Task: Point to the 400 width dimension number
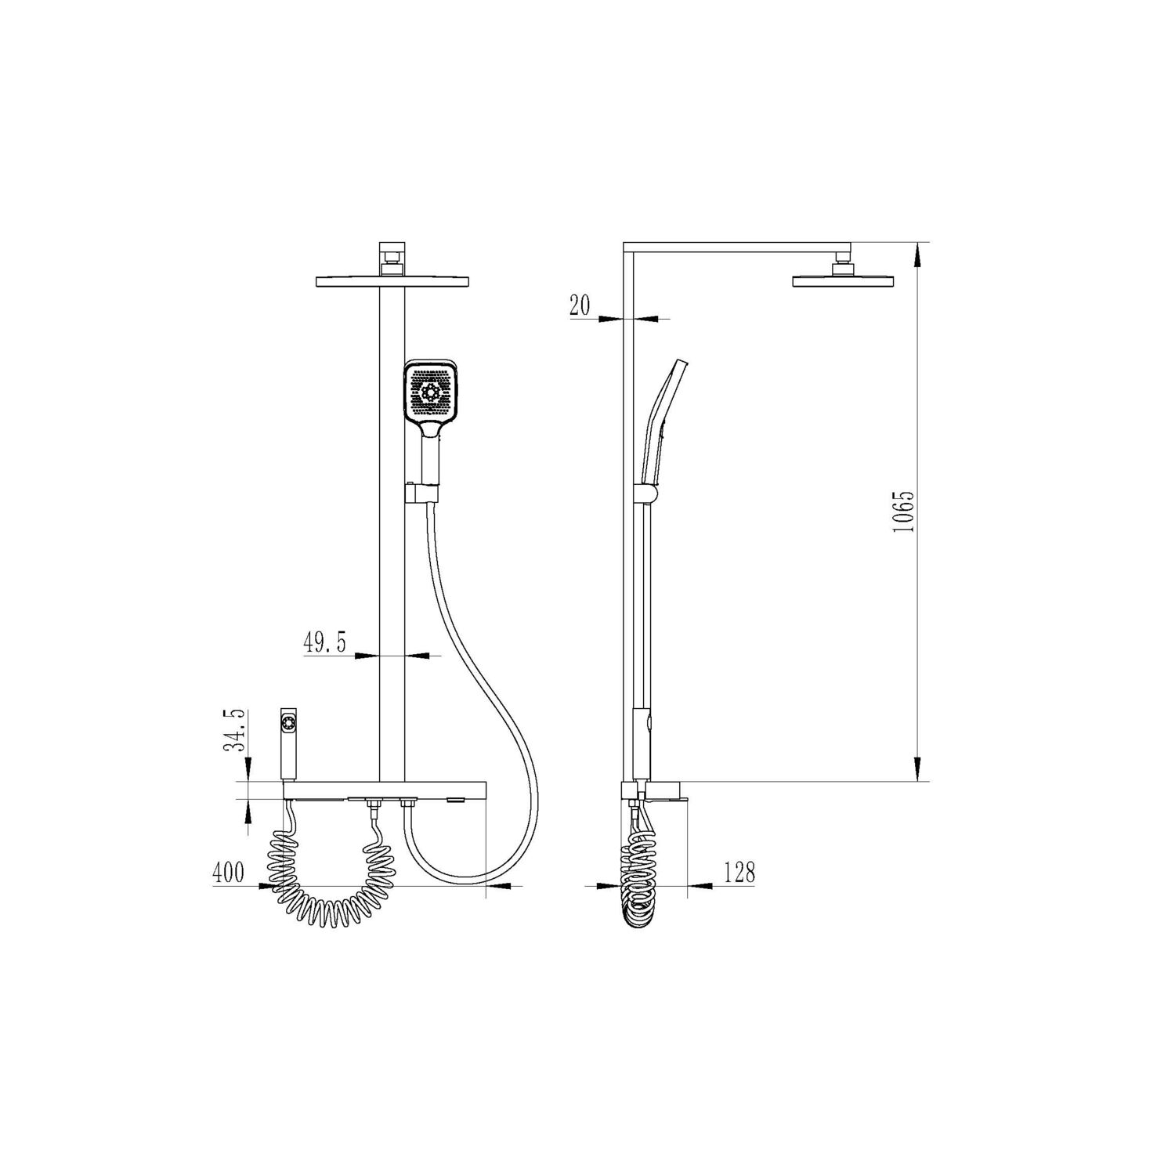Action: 229,872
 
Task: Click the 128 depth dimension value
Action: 739,872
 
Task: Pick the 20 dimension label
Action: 580,305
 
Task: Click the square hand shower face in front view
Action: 429,392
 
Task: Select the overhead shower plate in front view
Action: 392,280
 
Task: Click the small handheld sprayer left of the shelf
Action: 288,744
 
